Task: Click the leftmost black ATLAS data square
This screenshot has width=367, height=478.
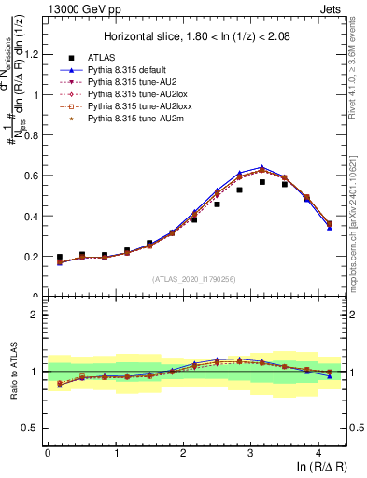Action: [60, 257]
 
